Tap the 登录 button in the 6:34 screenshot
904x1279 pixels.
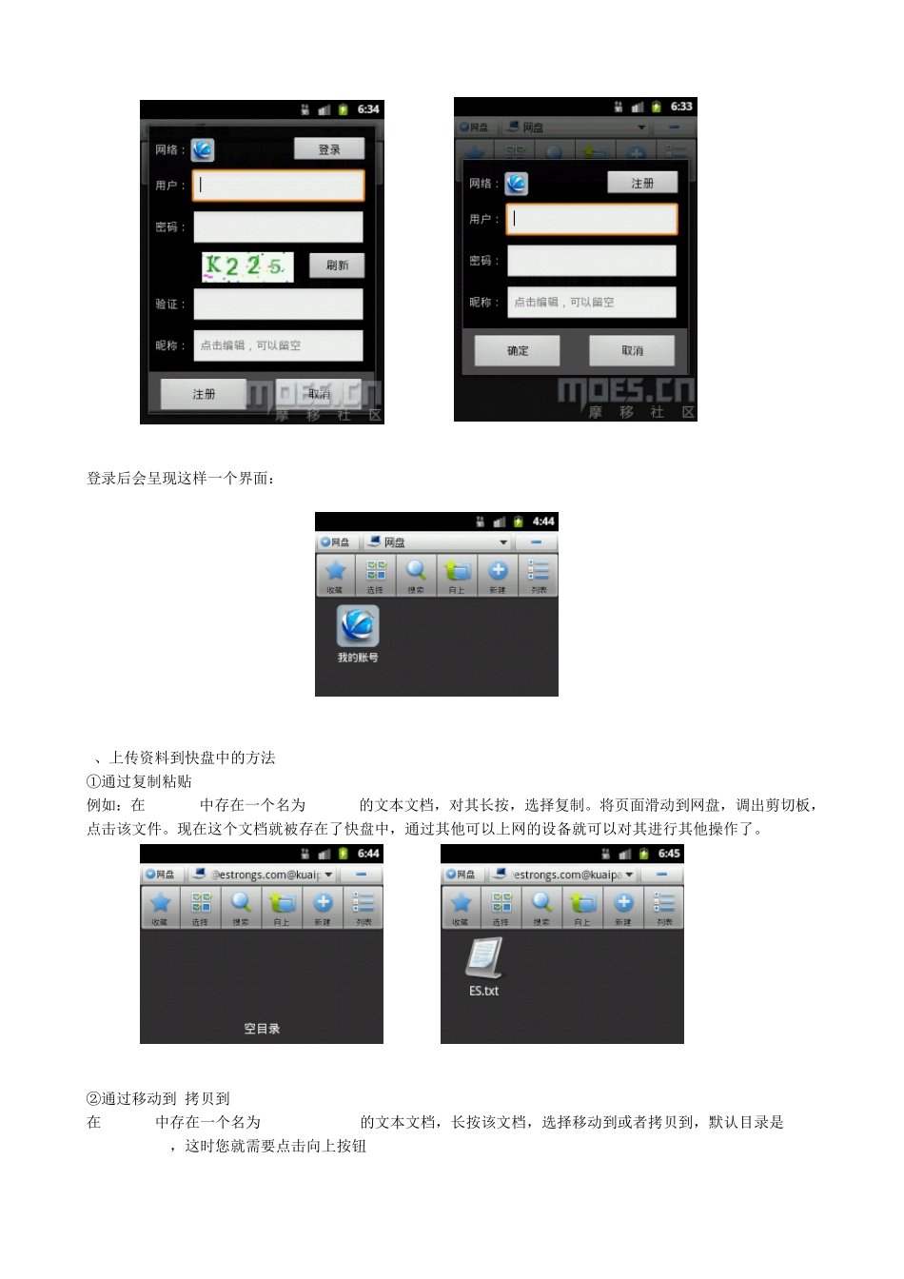tap(328, 148)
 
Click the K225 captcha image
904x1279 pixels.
tap(246, 266)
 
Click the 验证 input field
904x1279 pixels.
tap(278, 304)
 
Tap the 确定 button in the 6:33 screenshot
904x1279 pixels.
tap(517, 350)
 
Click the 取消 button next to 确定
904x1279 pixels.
tap(632, 350)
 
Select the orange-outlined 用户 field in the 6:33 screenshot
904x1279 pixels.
tap(591, 219)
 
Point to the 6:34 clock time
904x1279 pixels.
tap(368, 109)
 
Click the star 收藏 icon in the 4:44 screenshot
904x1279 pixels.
tap(335, 573)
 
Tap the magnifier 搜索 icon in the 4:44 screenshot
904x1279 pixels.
tap(416, 573)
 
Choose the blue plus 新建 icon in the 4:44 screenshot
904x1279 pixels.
tap(498, 573)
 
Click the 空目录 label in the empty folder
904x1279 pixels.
tap(262, 1029)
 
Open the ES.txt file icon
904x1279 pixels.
tap(483, 961)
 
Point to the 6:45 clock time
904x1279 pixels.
tap(669, 854)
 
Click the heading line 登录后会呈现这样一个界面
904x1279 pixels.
tap(182, 479)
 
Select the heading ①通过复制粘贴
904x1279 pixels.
tap(139, 781)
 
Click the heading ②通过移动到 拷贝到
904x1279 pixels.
tap(158, 1098)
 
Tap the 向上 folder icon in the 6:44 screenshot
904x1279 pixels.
tap(282, 905)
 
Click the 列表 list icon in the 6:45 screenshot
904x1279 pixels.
tap(664, 905)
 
